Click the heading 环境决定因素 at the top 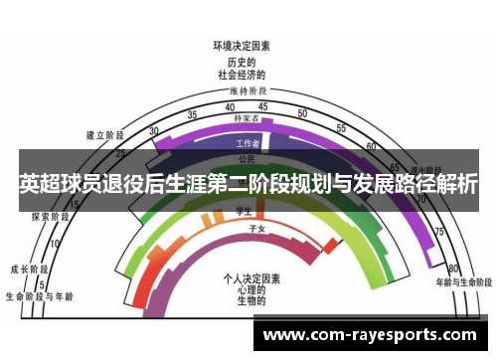242,45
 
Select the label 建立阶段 104,134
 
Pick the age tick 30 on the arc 153,131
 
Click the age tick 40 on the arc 230,107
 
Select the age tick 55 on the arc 341,128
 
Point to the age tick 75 437,231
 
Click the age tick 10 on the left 54,243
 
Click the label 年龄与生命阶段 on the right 462,282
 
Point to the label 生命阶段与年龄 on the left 40,295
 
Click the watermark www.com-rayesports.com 369,335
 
